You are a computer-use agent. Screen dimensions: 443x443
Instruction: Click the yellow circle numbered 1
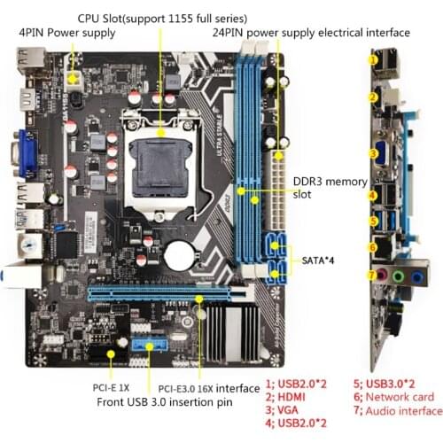tap(375, 61)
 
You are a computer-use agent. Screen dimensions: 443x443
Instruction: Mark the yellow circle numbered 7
tap(373, 276)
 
